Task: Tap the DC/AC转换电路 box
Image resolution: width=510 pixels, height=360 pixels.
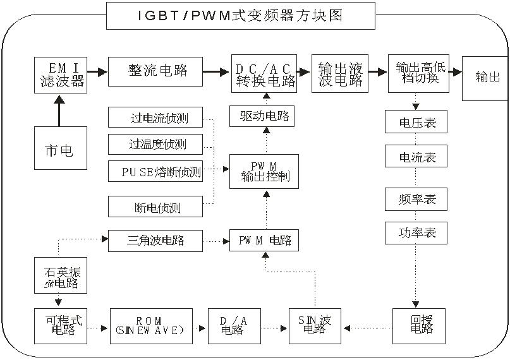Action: click(264, 74)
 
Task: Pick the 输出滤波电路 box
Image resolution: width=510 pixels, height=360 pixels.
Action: click(339, 74)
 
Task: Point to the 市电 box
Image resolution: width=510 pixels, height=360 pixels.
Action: click(59, 148)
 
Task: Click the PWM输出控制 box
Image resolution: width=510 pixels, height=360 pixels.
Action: click(264, 171)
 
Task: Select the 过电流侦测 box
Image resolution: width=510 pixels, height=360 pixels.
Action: click(157, 117)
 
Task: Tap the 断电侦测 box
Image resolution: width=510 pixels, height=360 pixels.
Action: click(157, 206)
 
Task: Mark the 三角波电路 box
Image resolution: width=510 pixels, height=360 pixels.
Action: click(157, 240)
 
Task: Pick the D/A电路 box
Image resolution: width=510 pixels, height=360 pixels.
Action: click(233, 326)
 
